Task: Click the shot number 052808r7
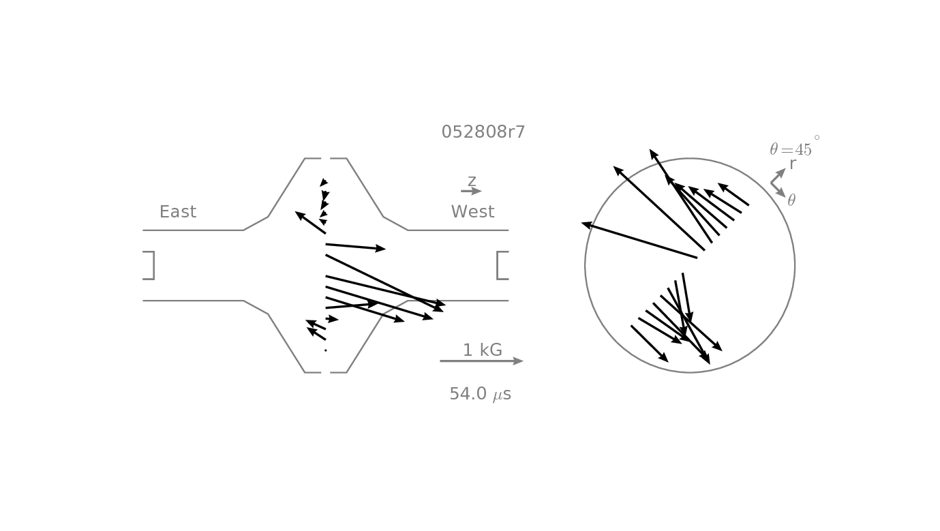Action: pos(483,132)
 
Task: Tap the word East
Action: pos(178,211)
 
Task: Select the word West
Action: pos(472,211)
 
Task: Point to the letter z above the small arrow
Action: pos(472,181)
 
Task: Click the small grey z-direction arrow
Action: pos(471,191)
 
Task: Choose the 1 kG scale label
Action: pos(482,350)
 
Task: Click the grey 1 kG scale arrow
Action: pos(481,361)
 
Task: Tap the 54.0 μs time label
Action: pos(481,394)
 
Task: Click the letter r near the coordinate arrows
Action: pos(792,164)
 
